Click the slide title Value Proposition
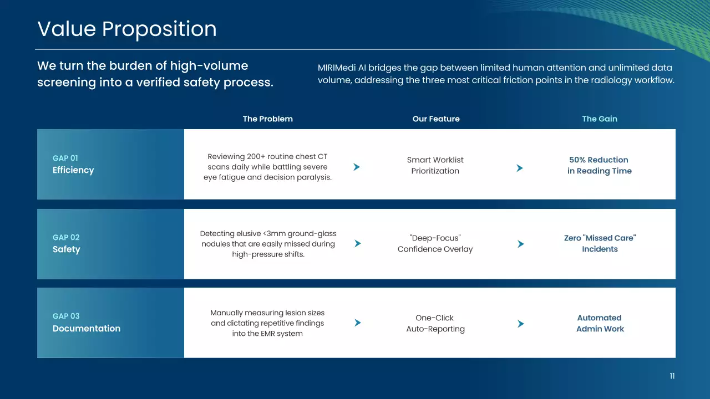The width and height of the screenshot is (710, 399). pyautogui.click(x=127, y=29)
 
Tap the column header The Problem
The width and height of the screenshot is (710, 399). pyautogui.click(x=268, y=119)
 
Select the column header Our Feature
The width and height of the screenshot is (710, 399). pyautogui.click(x=436, y=119)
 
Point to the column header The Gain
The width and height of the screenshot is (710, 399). pyautogui.click(x=600, y=119)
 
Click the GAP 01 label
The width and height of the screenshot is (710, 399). pyautogui.click(x=65, y=158)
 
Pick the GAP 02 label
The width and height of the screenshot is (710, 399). pyautogui.click(x=66, y=237)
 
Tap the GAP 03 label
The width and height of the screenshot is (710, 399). pyautogui.click(x=66, y=316)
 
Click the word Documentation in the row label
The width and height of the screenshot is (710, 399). pyautogui.click(x=87, y=329)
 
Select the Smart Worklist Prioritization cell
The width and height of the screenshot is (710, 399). pyautogui.click(x=435, y=165)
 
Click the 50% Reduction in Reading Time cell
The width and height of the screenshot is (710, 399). pyautogui.click(x=600, y=165)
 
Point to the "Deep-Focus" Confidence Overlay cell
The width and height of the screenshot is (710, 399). pyautogui.click(x=435, y=243)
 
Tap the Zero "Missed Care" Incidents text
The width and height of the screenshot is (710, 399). pyautogui.click(x=600, y=243)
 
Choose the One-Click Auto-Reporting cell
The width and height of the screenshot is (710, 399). pyautogui.click(x=435, y=323)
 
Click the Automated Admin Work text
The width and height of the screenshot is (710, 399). pyautogui.click(x=600, y=323)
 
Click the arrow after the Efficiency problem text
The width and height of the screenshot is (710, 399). pyautogui.click(x=357, y=167)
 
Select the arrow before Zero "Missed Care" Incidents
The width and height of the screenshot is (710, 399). pyautogui.click(x=520, y=244)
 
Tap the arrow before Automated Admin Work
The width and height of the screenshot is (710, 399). pyautogui.click(x=520, y=324)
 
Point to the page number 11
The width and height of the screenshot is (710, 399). pyautogui.click(x=672, y=376)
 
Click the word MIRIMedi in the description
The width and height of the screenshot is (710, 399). pyautogui.click(x=337, y=68)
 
